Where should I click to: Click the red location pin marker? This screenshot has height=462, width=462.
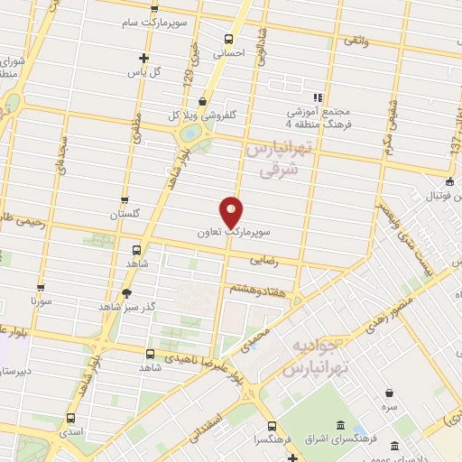(232, 211)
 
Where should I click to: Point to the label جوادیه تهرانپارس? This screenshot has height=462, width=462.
(315, 358)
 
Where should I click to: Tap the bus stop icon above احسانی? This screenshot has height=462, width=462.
(229, 40)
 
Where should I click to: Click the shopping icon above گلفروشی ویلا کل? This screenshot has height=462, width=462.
(199, 101)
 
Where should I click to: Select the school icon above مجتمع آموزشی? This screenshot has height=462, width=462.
(317, 97)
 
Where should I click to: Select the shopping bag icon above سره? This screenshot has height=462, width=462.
(389, 393)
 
